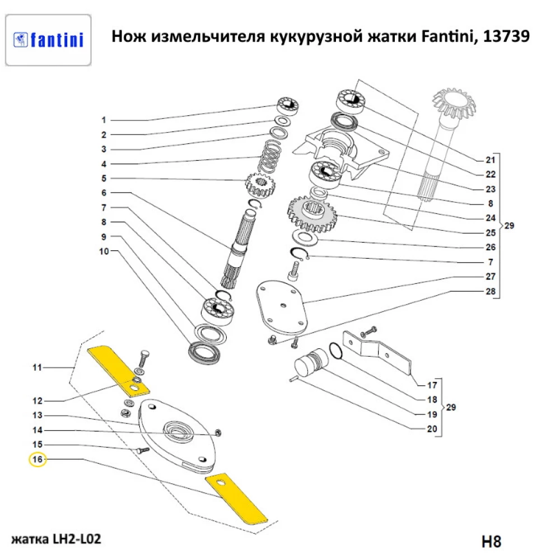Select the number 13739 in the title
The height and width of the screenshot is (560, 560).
506,36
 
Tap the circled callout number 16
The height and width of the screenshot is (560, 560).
38,460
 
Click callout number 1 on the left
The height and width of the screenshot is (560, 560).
103,120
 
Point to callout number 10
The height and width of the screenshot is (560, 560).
104,251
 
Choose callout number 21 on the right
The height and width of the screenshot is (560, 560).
490,159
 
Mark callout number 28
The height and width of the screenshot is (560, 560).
490,291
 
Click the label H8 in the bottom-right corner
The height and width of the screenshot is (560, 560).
491,542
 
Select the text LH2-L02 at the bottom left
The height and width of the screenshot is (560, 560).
76,540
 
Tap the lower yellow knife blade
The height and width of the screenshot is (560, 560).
236,498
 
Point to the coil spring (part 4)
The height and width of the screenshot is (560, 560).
272,157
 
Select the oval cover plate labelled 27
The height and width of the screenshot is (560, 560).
283,306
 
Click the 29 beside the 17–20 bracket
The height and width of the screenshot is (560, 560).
451,407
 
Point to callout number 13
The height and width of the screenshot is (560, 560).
38,416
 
